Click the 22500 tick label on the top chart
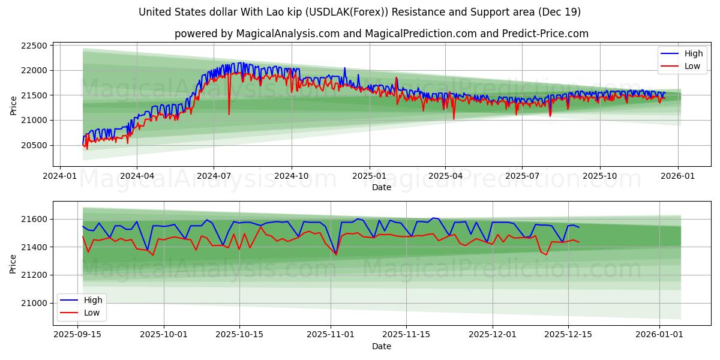pos(34,46)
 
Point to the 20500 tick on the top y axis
pos(34,145)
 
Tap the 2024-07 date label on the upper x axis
pos(214,176)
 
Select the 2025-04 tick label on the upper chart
pos(445,176)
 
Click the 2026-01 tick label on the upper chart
pos(678,176)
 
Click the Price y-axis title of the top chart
pos(13,106)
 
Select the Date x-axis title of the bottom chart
pos(382,346)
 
